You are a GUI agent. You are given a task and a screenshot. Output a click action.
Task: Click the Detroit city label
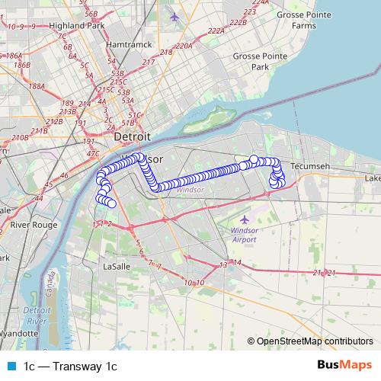(132, 137)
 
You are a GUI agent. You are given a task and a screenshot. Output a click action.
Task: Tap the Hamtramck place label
(126, 45)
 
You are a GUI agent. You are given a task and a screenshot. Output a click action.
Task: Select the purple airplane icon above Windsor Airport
(243, 219)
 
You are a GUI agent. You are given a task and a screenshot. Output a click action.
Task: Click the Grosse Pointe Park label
(251, 61)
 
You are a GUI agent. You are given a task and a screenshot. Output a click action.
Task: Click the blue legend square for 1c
(10, 367)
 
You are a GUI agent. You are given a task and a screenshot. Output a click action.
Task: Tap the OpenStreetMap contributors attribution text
(314, 341)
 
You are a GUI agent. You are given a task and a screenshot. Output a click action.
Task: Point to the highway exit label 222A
(216, 31)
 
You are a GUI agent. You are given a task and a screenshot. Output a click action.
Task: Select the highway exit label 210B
(19, 137)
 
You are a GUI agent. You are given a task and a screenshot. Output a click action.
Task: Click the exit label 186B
(21, 66)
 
